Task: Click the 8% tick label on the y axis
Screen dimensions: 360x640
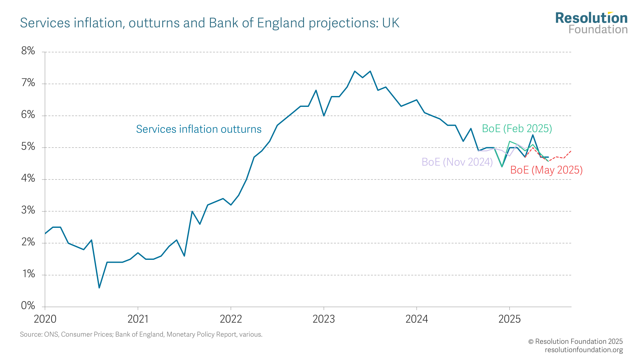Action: pos(28,51)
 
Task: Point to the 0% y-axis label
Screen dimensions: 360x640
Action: pos(28,306)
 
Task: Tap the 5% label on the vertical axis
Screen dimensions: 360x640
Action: pos(28,147)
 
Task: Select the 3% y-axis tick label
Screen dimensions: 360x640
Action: pos(28,211)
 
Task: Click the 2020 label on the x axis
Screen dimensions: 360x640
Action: pos(45,319)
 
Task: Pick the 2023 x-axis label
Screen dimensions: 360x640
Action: pos(324,319)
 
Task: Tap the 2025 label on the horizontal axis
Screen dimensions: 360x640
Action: pos(509,319)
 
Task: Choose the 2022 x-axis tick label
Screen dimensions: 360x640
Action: pos(231,319)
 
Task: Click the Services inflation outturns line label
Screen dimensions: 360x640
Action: pos(198,129)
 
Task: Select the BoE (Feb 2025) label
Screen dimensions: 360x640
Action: pos(517,129)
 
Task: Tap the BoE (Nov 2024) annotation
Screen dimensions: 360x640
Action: pos(457,162)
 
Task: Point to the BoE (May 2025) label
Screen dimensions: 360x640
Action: pos(546,170)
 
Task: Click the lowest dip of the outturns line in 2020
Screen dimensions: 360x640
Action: pos(99,288)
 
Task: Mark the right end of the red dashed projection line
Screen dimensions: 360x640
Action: pos(571,151)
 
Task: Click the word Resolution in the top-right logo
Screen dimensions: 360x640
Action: pos(591,18)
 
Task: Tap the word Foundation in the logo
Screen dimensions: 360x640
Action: pos(598,30)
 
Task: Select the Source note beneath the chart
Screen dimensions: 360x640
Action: pos(141,334)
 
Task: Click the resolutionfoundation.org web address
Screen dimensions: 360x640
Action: pos(584,350)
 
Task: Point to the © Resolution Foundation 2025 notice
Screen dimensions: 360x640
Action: pos(575,341)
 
